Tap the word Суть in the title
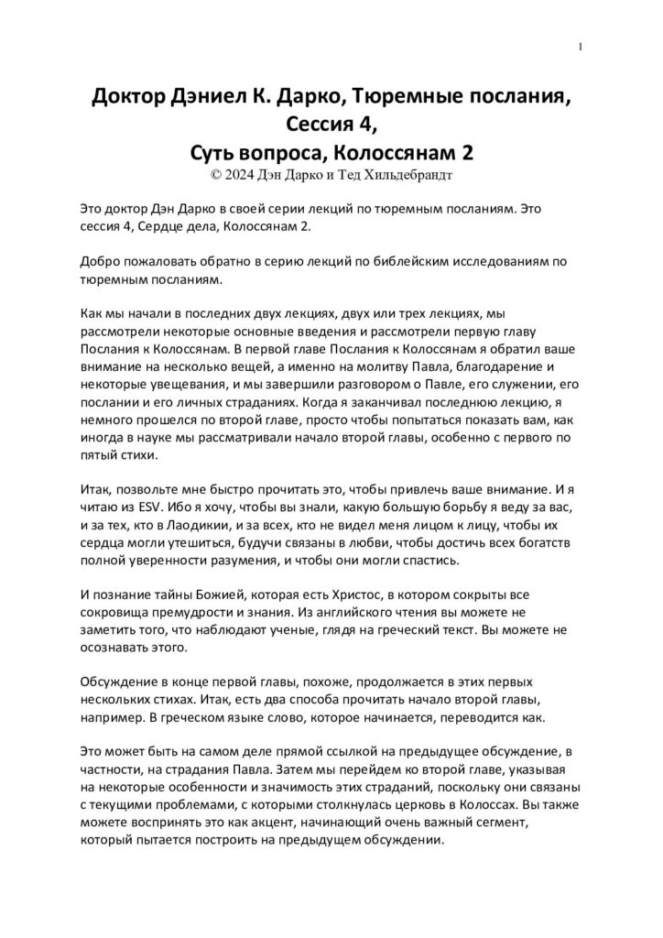tap(213, 149)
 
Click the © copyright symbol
tap(216, 171)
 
